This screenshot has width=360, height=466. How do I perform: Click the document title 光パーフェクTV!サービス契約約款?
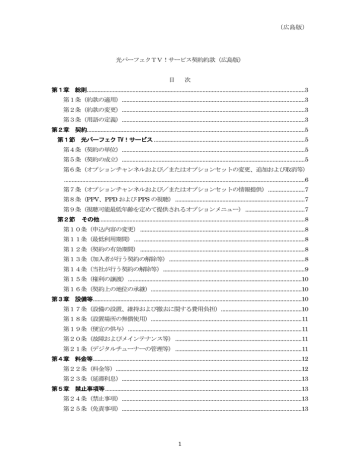click(180, 61)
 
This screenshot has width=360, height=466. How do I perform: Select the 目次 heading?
click(180, 79)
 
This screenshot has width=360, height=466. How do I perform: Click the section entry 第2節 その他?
click(78, 218)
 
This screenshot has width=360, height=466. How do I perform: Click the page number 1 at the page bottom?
click(180, 444)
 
